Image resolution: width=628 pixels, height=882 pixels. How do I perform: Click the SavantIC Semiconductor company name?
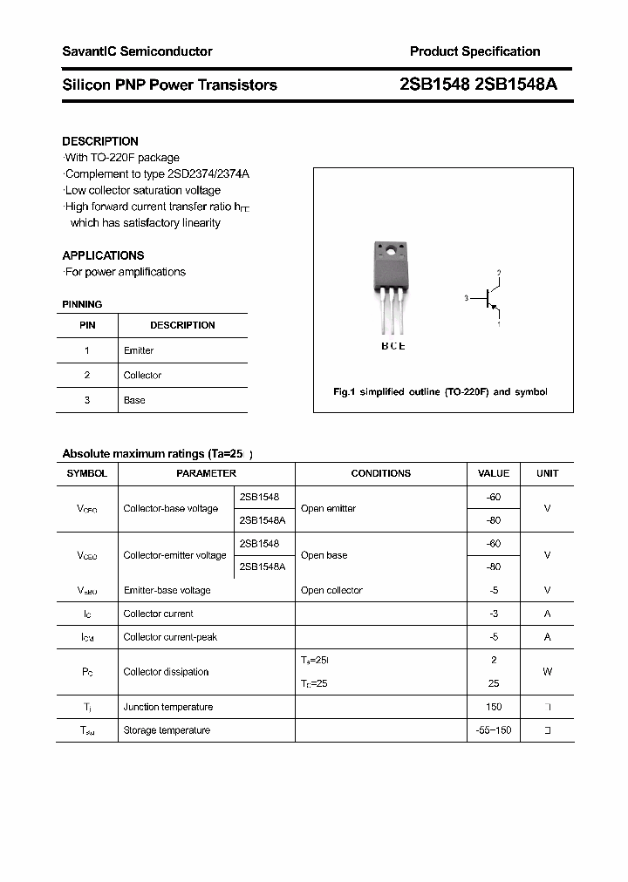tap(137, 51)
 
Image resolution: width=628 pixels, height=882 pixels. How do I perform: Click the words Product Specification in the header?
tap(474, 51)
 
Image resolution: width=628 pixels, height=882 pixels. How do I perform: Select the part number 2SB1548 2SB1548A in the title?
tap(478, 85)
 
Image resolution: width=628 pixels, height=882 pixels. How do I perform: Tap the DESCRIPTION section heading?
tap(100, 141)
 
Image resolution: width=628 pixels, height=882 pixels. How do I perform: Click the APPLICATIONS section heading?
tap(103, 255)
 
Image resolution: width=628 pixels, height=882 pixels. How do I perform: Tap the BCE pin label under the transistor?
tap(392, 346)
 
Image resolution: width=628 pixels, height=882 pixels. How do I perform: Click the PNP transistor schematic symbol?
tap(489, 299)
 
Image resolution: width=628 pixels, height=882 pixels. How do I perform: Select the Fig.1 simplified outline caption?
tap(440, 392)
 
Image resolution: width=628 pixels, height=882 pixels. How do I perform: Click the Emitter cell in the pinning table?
tap(139, 350)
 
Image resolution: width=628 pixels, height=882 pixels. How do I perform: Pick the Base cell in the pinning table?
tap(134, 400)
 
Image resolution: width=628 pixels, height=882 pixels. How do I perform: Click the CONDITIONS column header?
tap(380, 473)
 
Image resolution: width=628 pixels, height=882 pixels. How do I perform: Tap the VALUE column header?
tap(494, 473)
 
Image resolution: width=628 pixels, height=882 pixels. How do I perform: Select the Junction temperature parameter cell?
tap(167, 707)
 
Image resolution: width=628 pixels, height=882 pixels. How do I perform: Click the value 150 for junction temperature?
tap(494, 707)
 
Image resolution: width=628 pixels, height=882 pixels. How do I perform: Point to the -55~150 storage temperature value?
tap(494, 730)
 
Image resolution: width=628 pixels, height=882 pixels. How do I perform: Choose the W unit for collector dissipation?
tap(547, 672)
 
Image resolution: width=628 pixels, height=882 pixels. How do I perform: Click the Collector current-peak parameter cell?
tap(170, 637)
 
